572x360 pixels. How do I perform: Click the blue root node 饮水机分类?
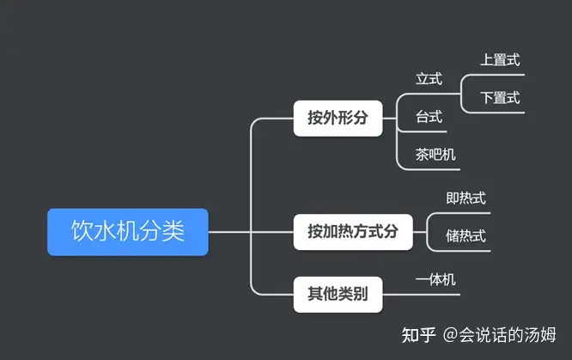point(128,232)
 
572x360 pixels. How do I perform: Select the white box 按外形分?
point(338,119)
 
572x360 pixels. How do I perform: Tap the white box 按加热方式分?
point(353,232)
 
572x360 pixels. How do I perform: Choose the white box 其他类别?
point(338,295)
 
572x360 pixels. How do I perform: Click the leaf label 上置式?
point(500,60)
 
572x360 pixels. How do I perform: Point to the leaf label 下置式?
point(500,98)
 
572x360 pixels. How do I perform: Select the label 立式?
point(429,79)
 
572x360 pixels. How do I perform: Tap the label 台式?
point(429,117)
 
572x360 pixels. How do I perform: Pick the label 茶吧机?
point(435,155)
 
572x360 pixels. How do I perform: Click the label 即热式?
point(466,198)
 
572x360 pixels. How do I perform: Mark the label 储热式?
point(466,236)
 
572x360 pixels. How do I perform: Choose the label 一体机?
point(435,280)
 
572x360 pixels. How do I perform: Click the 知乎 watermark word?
point(419,335)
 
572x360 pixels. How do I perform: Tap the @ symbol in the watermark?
point(451,335)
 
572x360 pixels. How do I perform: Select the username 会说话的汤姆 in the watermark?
point(508,335)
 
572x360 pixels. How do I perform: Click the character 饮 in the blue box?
point(82,231)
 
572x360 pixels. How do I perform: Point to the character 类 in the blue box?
point(173,231)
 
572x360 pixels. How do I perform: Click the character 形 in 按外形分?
point(345,118)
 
